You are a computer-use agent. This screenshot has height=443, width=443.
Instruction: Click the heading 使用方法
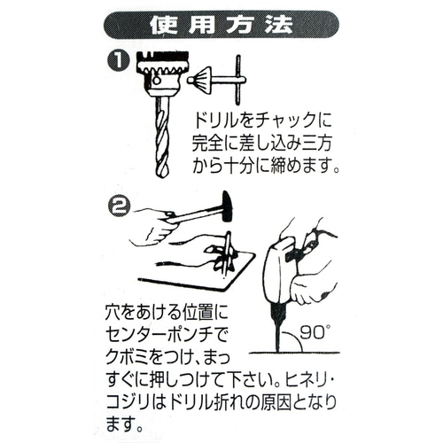click(221, 24)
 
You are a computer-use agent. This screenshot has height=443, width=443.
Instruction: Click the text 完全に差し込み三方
click(265, 143)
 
